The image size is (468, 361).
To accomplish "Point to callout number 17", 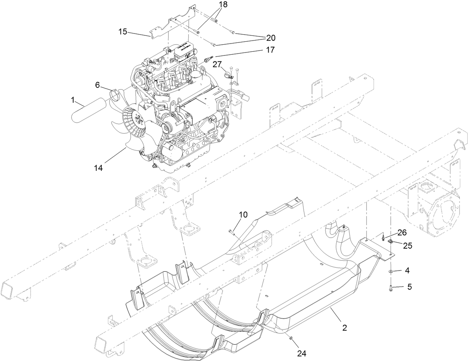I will [270, 49].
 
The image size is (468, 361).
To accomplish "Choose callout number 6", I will [97, 85].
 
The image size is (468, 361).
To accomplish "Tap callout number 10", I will [243, 215].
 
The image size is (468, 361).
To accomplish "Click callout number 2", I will [344, 328].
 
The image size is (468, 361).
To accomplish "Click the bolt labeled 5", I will [391, 287].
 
